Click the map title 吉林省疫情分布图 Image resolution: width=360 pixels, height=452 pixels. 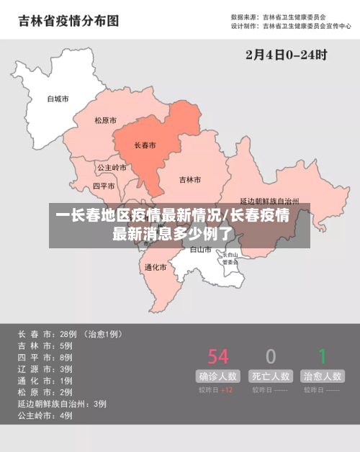(x=68, y=21)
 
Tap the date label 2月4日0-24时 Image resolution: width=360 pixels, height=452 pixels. (x=286, y=54)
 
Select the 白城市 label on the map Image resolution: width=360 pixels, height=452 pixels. (x=58, y=99)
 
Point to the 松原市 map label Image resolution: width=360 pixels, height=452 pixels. (x=106, y=121)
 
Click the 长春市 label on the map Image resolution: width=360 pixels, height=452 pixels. (x=145, y=145)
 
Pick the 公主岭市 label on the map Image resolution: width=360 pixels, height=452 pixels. (x=112, y=168)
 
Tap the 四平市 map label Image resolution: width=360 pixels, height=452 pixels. (x=104, y=186)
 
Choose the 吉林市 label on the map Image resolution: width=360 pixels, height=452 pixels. (x=190, y=179)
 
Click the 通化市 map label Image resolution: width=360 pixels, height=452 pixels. (x=156, y=267)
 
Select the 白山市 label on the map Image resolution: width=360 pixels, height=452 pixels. (x=201, y=250)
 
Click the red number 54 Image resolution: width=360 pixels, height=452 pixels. (x=218, y=356)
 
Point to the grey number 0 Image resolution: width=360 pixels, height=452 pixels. (x=271, y=356)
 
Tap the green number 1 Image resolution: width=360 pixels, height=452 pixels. (x=323, y=356)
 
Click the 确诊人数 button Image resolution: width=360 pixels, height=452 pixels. (x=218, y=376)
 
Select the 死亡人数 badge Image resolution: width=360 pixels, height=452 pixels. (x=271, y=376)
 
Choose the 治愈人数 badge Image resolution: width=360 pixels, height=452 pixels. (x=323, y=376)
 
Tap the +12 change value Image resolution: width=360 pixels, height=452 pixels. (x=226, y=390)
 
